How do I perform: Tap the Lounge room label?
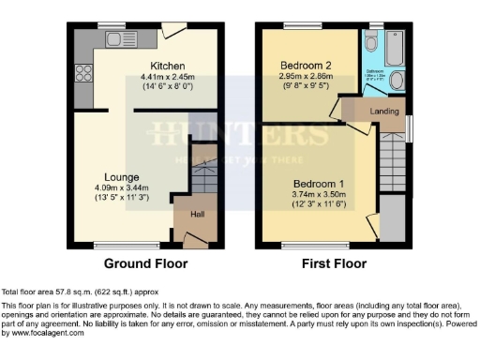point(122,176)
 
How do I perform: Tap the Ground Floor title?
point(145,263)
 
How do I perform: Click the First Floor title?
point(334,263)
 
